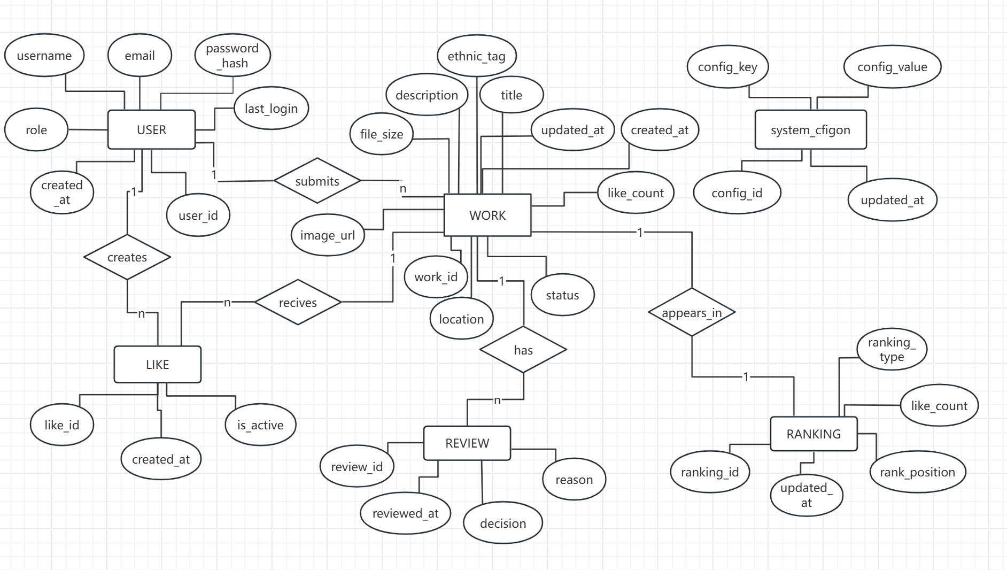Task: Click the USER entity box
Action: (151, 129)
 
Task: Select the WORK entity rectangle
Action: (487, 215)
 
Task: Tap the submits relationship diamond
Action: (317, 181)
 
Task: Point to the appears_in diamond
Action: (692, 312)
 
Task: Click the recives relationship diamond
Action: (298, 302)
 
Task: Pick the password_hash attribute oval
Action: (233, 55)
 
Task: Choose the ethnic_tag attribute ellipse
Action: (477, 56)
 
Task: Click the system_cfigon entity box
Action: (810, 129)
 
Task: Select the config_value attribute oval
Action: (892, 67)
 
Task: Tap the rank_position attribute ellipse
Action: (918, 472)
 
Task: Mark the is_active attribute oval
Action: (260, 425)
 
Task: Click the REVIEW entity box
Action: (467, 443)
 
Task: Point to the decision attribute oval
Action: (503, 523)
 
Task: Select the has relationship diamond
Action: (523, 350)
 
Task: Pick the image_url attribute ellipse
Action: (328, 235)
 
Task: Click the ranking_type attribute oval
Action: (892, 349)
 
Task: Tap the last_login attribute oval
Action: (271, 108)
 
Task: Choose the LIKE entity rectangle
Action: (158, 364)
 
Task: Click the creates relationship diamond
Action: (127, 257)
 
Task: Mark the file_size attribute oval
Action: (382, 134)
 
